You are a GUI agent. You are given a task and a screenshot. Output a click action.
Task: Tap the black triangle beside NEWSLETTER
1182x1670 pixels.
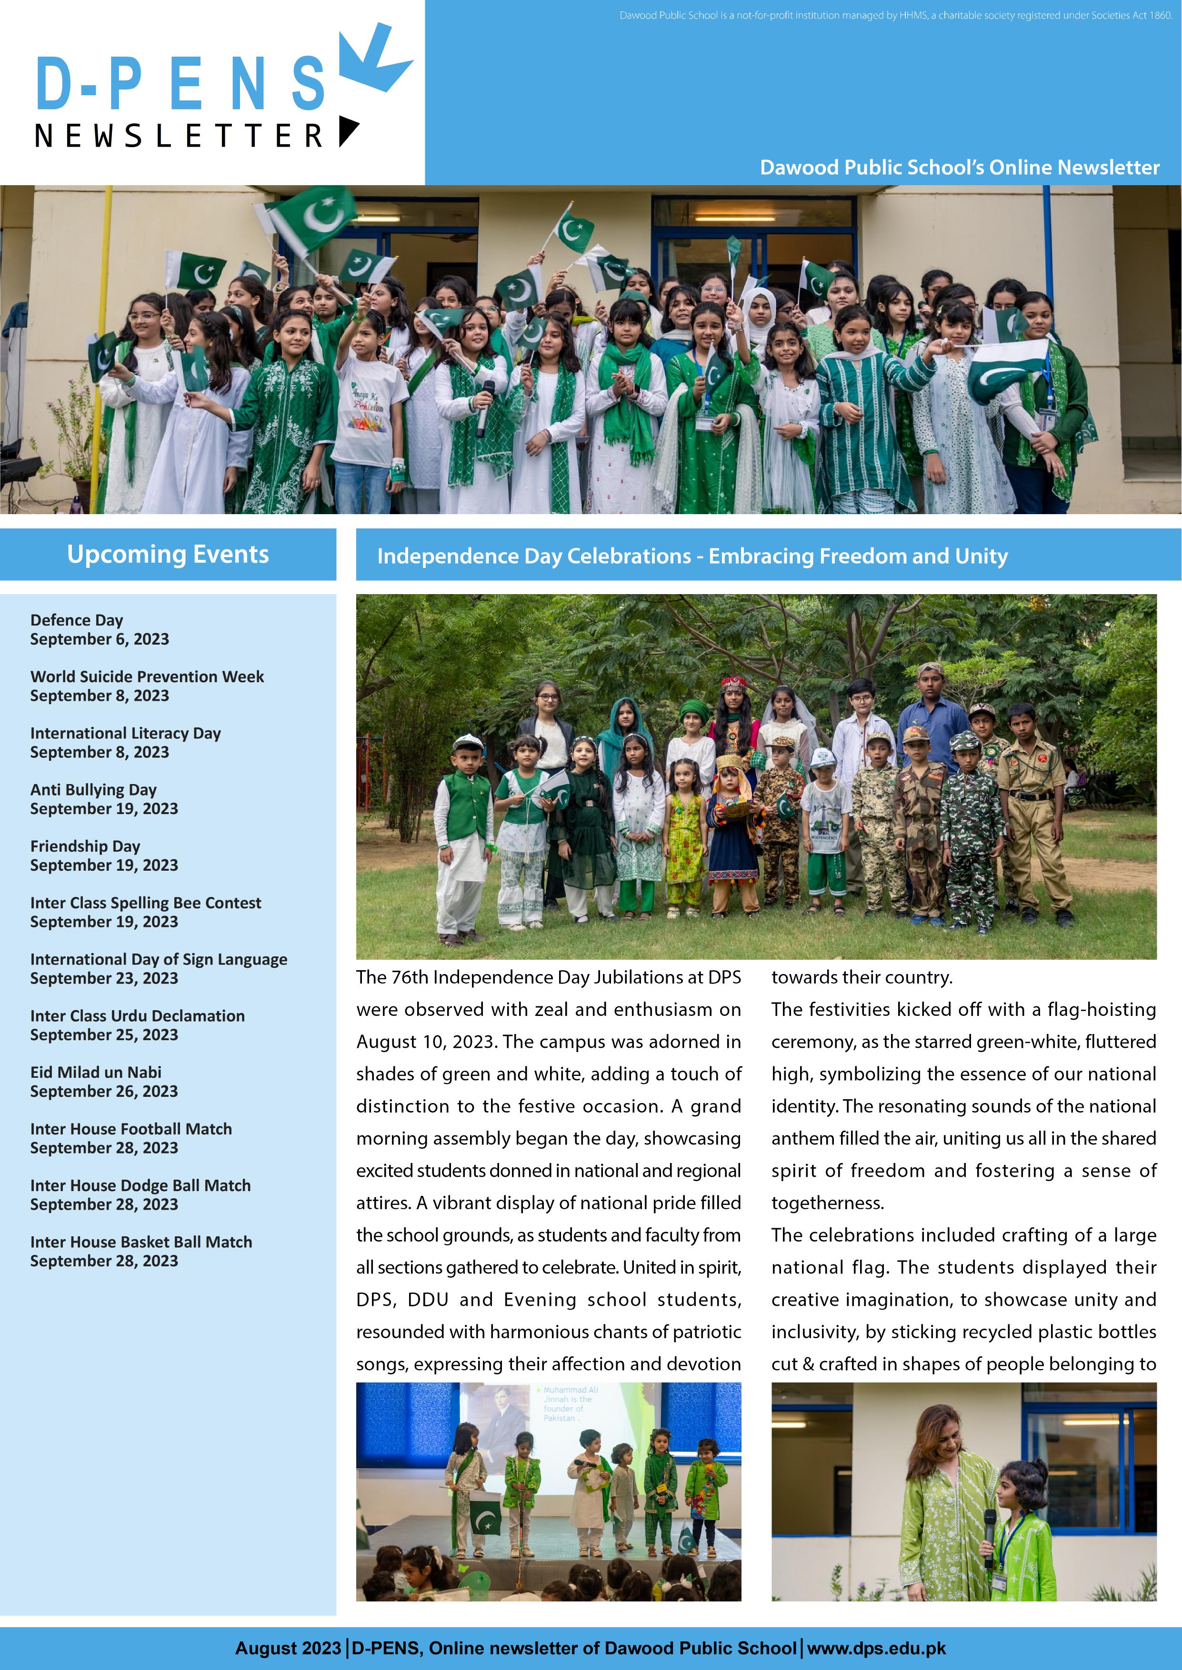[348, 131]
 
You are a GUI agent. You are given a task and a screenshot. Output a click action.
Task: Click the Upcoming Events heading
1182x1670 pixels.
[168, 554]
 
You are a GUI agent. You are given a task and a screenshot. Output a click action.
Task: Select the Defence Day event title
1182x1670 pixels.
[76, 620]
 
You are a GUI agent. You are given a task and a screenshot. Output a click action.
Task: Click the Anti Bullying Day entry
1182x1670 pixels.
[93, 789]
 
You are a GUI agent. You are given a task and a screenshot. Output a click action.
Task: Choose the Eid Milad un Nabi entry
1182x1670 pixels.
[95, 1072]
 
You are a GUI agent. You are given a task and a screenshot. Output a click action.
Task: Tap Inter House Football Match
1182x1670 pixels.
[131, 1129]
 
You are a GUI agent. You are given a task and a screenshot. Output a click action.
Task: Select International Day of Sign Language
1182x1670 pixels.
[159, 959]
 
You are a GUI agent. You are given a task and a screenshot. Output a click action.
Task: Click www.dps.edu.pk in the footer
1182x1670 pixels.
[876, 1648]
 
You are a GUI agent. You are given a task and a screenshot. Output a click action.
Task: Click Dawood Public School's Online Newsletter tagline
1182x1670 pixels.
[959, 167]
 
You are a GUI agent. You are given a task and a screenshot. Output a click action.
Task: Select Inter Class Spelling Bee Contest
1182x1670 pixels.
[146, 903]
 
